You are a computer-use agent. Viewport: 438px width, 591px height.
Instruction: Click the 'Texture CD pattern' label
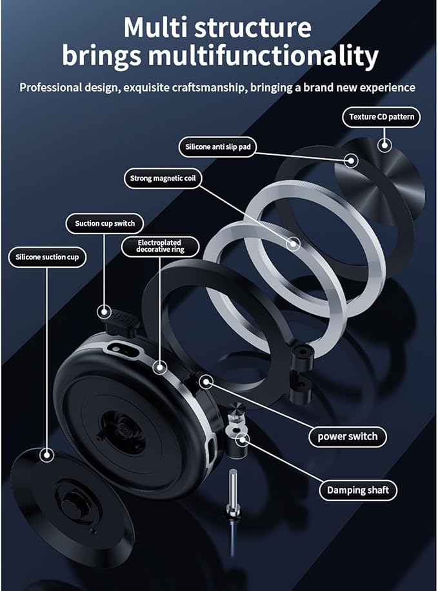click(381, 117)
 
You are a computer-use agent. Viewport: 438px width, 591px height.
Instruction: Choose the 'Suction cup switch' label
click(105, 223)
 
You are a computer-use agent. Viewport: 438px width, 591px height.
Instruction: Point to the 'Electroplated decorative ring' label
click(161, 246)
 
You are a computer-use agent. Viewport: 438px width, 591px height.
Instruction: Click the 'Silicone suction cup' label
click(47, 257)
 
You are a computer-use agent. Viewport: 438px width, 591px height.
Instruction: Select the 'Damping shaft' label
click(357, 490)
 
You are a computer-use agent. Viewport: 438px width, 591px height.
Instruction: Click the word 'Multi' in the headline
click(162, 28)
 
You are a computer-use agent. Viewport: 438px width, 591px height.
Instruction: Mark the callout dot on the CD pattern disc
click(384, 145)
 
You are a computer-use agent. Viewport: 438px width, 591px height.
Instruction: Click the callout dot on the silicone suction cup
click(46, 455)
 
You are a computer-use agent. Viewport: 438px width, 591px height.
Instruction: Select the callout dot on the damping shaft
click(243, 439)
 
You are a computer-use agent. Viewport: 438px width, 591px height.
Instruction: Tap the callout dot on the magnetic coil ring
click(294, 244)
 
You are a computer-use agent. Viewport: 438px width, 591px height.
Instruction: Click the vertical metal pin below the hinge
click(232, 493)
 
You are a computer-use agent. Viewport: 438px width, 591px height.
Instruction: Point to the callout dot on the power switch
click(205, 382)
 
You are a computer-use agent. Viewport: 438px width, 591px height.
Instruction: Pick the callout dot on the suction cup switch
click(105, 312)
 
